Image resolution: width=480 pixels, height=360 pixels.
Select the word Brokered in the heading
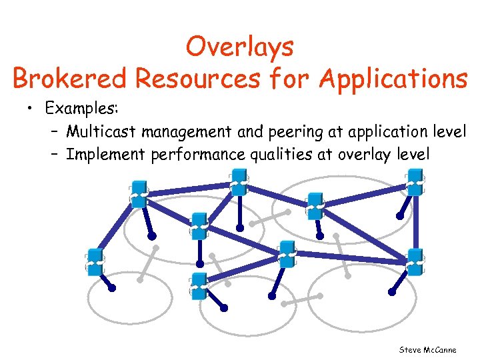tap(71, 79)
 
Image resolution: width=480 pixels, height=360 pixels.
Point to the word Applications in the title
tap(393, 79)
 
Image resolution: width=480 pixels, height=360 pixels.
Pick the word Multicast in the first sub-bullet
tap(99, 131)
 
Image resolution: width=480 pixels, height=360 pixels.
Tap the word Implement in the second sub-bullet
tap(105, 154)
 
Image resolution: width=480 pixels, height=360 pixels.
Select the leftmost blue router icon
tap(95, 263)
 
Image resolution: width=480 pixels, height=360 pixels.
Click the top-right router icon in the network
tap(414, 181)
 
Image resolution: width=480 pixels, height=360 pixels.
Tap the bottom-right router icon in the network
tap(414, 261)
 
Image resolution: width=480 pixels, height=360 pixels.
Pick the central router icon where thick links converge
tap(287, 253)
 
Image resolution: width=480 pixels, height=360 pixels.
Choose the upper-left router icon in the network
tap(138, 193)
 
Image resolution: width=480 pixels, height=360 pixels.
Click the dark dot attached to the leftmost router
tap(113, 289)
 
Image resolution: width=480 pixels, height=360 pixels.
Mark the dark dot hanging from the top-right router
tap(399, 216)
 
